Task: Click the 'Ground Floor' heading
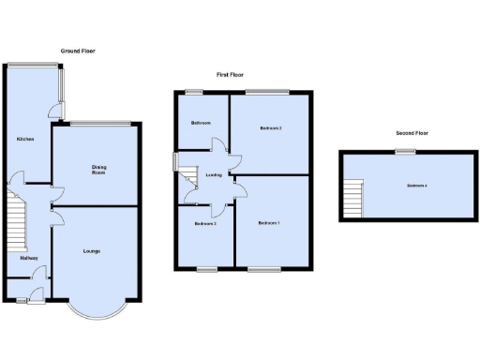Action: coord(78,51)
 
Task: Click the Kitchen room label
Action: coord(25,139)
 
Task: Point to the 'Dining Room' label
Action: coord(97,171)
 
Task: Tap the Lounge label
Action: coord(91,251)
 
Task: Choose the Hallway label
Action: coord(28,258)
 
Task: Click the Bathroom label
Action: coord(201,123)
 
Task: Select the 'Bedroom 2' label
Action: coord(271,127)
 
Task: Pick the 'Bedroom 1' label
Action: coord(269,222)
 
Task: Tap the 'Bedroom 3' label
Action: coord(205,224)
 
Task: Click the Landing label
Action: coord(214,174)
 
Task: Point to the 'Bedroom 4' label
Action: coord(416,186)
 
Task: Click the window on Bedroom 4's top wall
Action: coord(399,152)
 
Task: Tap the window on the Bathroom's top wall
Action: coord(194,91)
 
